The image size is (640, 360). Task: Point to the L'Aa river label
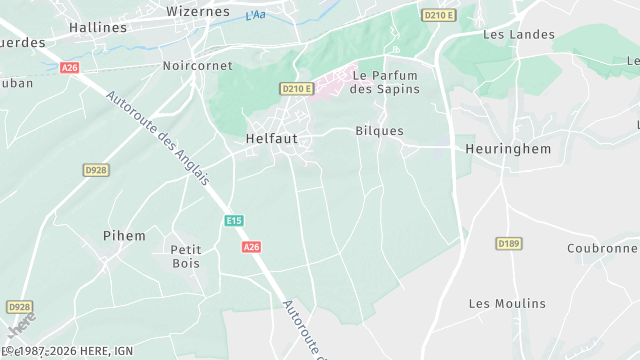(x=255, y=15)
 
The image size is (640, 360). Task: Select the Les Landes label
(x=518, y=35)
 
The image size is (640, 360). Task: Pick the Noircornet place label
(x=197, y=66)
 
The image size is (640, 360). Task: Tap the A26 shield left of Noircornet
(x=69, y=67)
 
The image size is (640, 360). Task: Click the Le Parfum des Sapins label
(x=384, y=83)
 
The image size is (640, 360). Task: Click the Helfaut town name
(x=271, y=139)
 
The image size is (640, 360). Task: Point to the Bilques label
(x=379, y=131)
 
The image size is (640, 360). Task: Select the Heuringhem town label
(x=508, y=148)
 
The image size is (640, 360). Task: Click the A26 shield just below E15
(x=252, y=247)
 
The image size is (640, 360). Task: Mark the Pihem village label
(x=124, y=236)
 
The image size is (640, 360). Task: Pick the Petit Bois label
(x=185, y=256)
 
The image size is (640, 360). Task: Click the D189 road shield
(x=509, y=243)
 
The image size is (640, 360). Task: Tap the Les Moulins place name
(x=507, y=303)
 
